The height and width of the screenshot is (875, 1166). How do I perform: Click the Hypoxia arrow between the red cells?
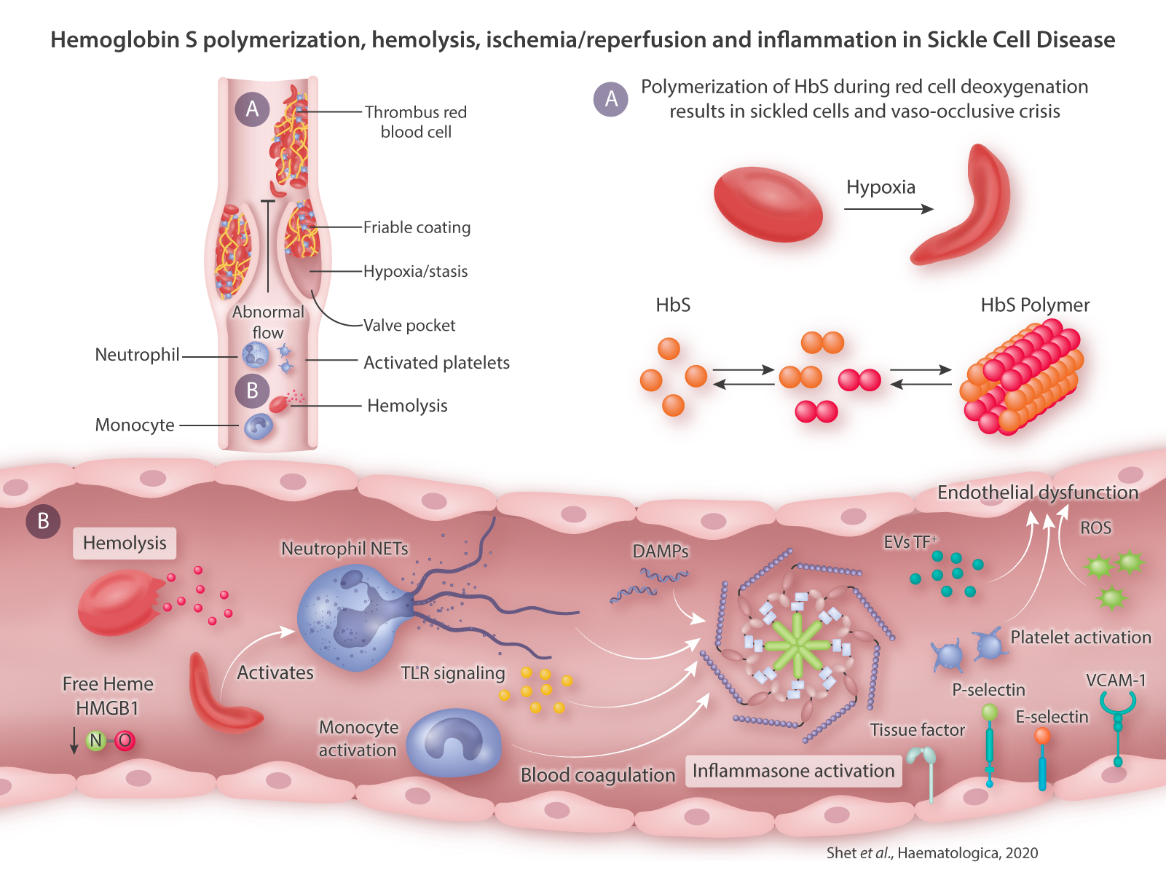[x=889, y=209]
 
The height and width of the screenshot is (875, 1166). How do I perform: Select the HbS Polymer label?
[x=1035, y=305]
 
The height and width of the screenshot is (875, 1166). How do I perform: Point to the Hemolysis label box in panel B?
[x=125, y=543]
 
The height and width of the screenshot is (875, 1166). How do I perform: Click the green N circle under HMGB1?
[x=95, y=741]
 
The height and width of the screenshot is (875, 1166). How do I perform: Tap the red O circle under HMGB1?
[x=125, y=741]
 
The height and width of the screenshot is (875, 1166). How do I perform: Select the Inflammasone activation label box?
[x=793, y=771]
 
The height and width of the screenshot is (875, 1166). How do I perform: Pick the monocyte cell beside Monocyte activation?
[x=453, y=743]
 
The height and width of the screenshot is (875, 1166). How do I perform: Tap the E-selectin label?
[x=1052, y=717]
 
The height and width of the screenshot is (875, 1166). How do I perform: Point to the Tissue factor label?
[x=917, y=730]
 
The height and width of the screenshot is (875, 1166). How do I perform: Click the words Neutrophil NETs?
[x=344, y=549]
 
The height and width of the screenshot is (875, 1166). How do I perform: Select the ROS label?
[x=1095, y=527]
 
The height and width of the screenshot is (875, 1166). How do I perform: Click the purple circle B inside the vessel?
[x=252, y=391]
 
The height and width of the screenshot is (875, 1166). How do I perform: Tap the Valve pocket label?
[x=409, y=326]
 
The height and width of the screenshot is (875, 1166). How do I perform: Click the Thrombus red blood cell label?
[x=416, y=122]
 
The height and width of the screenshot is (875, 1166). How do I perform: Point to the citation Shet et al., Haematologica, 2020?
[x=932, y=852]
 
